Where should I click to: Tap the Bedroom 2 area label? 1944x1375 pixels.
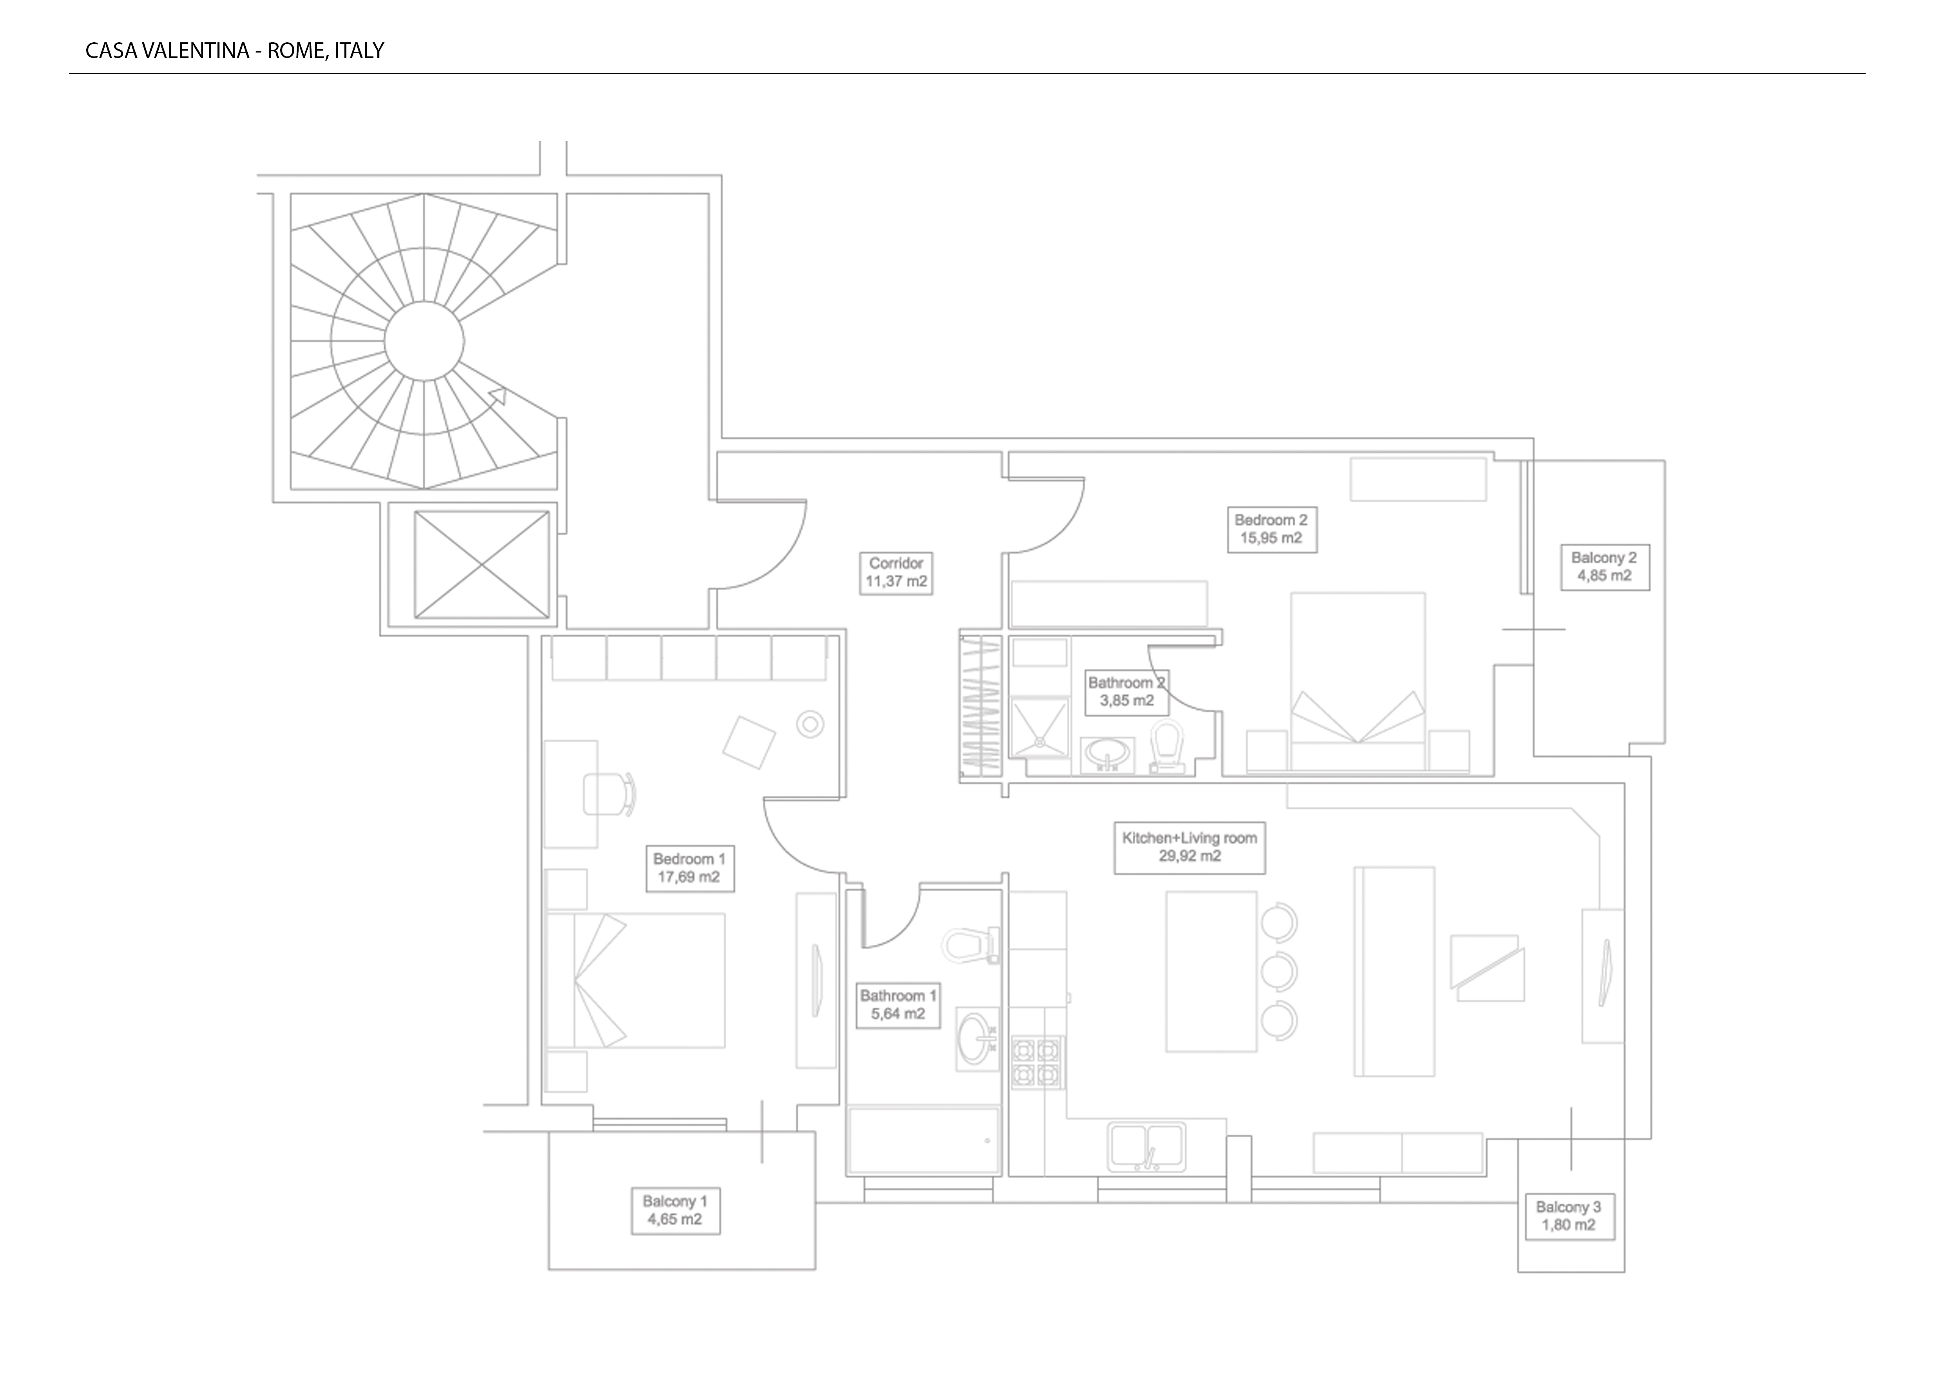[x=1272, y=529]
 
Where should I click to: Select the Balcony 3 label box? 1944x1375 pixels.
[x=1569, y=1217]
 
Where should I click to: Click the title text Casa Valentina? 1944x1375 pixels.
[x=168, y=51]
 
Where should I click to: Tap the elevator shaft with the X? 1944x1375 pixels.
[x=482, y=564]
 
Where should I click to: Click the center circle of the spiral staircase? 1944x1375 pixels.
[x=424, y=341]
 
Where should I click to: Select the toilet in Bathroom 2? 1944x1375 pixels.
[x=1168, y=747]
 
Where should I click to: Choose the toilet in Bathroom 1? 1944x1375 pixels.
[x=971, y=945]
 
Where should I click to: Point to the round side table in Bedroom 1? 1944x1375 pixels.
[x=810, y=724]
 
